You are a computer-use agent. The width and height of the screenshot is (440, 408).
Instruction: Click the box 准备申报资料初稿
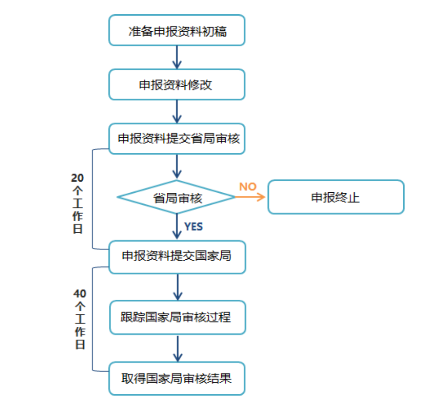pyautogui.click(x=177, y=30)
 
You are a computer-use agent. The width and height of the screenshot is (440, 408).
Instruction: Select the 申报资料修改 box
pyautogui.click(x=177, y=84)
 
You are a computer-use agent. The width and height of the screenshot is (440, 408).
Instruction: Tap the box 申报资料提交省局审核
pyautogui.click(x=177, y=138)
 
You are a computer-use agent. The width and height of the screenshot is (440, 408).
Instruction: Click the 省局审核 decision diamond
pyautogui.click(x=177, y=197)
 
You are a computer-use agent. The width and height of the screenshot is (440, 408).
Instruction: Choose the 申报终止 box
pyautogui.click(x=336, y=197)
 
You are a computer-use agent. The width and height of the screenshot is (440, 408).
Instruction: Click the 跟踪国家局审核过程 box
pyautogui.click(x=177, y=317)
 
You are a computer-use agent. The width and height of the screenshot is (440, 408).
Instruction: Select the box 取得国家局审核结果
pyautogui.click(x=177, y=378)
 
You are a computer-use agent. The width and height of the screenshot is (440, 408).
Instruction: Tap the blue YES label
pyautogui.click(x=193, y=226)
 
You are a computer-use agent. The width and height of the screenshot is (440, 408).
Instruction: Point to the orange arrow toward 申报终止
pyautogui.click(x=251, y=197)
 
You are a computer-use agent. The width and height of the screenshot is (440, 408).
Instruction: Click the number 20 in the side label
pyautogui.click(x=78, y=178)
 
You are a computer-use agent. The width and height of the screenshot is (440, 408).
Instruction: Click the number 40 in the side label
pyautogui.click(x=80, y=293)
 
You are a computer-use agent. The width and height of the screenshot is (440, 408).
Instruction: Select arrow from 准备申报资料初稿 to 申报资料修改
pyautogui.click(x=177, y=57)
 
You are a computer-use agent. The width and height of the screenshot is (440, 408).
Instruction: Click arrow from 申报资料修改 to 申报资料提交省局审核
pyautogui.click(x=177, y=112)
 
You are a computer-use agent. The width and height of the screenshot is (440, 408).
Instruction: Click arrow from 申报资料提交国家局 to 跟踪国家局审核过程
pyautogui.click(x=177, y=287)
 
